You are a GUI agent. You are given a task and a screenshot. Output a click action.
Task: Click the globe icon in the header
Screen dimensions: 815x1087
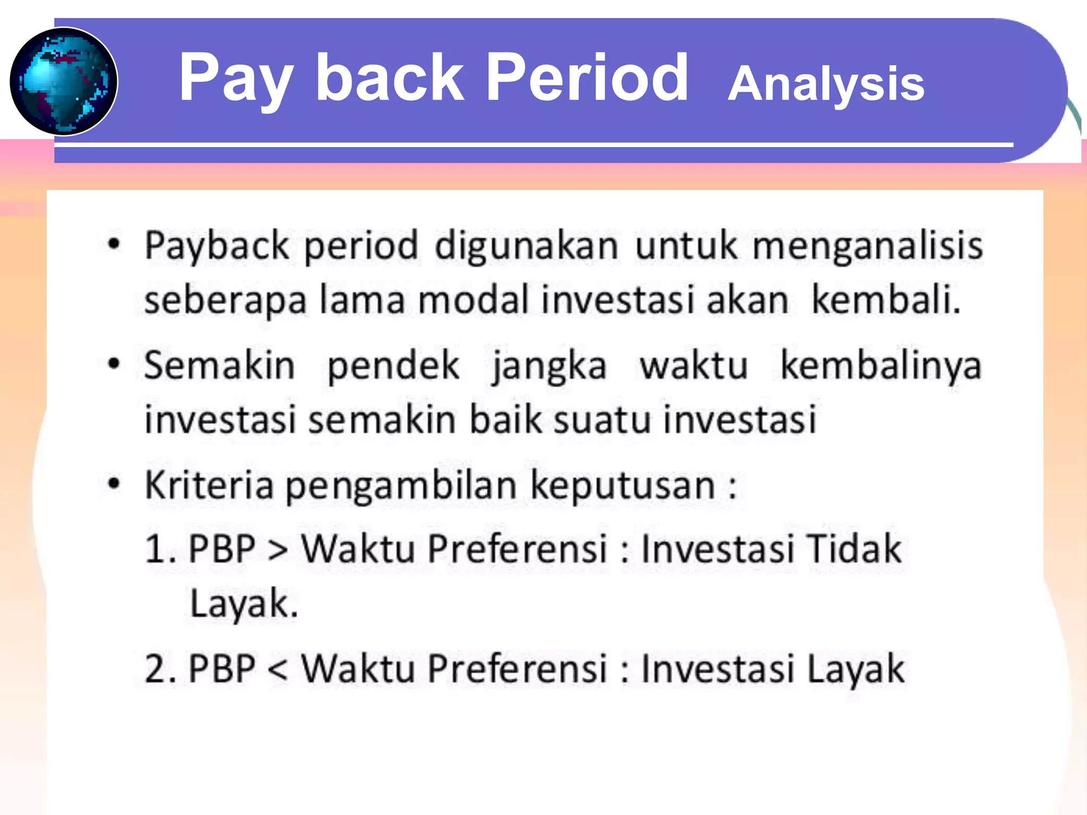point(64,81)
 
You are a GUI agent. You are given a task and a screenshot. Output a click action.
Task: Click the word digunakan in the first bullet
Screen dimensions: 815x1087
point(527,246)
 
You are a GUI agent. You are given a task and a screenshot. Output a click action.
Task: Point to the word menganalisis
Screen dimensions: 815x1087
point(867,246)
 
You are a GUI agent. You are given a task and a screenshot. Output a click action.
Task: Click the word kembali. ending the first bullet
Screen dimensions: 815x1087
point(886,300)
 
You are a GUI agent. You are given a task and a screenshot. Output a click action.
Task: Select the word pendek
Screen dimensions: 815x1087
point(393,366)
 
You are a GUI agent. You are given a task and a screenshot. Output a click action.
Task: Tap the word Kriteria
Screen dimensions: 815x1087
point(209,485)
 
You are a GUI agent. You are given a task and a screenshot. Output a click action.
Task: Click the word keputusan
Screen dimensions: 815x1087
point(623,486)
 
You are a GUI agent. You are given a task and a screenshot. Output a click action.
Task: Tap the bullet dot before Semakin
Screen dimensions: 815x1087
point(114,365)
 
